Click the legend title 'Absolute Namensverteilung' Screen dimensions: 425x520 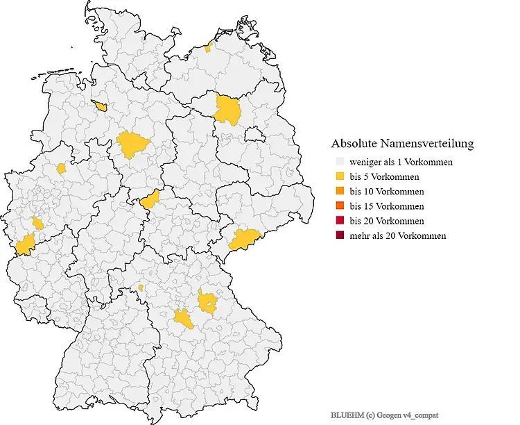(402, 144)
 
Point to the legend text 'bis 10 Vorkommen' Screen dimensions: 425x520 (387, 191)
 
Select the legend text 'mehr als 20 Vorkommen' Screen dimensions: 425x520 (398, 235)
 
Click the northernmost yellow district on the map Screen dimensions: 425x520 (209, 48)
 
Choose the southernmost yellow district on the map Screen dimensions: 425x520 (184, 319)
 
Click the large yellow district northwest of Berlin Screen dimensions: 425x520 (227, 110)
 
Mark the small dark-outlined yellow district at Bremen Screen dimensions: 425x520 (100, 106)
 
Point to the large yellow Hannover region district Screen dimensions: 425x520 (133, 144)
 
